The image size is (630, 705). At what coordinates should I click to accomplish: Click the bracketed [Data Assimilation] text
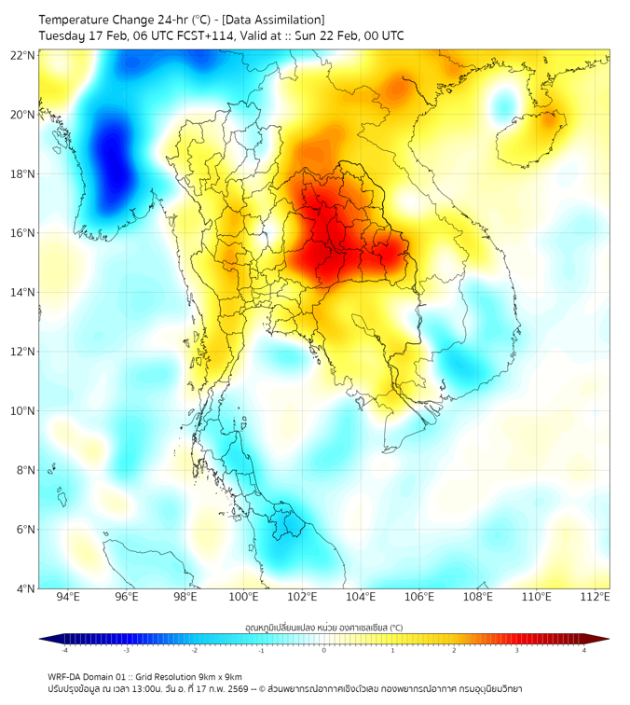[273, 19]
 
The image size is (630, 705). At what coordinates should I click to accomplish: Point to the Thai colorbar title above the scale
[323, 628]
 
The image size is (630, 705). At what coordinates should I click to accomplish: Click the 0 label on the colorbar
[323, 650]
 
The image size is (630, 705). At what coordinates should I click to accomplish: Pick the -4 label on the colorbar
[63, 650]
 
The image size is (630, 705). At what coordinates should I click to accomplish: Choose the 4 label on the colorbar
[584, 650]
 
